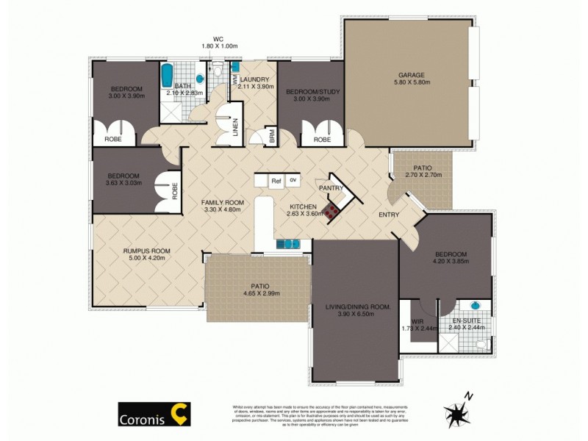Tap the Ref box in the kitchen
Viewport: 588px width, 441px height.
pyautogui.click(x=276, y=180)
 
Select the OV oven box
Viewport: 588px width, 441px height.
pyautogui.click(x=293, y=179)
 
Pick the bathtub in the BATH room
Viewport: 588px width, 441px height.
pyautogui.click(x=167, y=75)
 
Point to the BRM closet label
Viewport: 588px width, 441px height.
pyautogui.click(x=272, y=137)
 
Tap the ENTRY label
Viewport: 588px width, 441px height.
pyautogui.click(x=389, y=215)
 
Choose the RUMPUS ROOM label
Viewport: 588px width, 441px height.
pyautogui.click(x=144, y=251)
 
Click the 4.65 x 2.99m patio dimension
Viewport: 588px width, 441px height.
pyautogui.click(x=259, y=293)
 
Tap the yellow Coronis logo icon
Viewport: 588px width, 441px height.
pyautogui.click(x=179, y=413)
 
